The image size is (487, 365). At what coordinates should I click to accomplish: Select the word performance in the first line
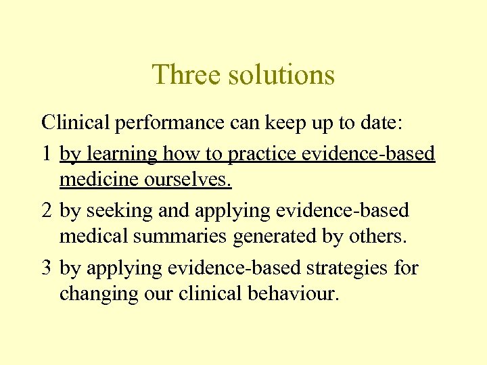(168, 123)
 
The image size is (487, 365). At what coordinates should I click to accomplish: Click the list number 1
(46, 154)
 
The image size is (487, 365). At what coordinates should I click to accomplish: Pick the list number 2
(46, 211)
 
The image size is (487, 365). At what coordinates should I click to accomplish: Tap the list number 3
(46, 268)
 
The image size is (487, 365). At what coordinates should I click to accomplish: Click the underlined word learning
(120, 154)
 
